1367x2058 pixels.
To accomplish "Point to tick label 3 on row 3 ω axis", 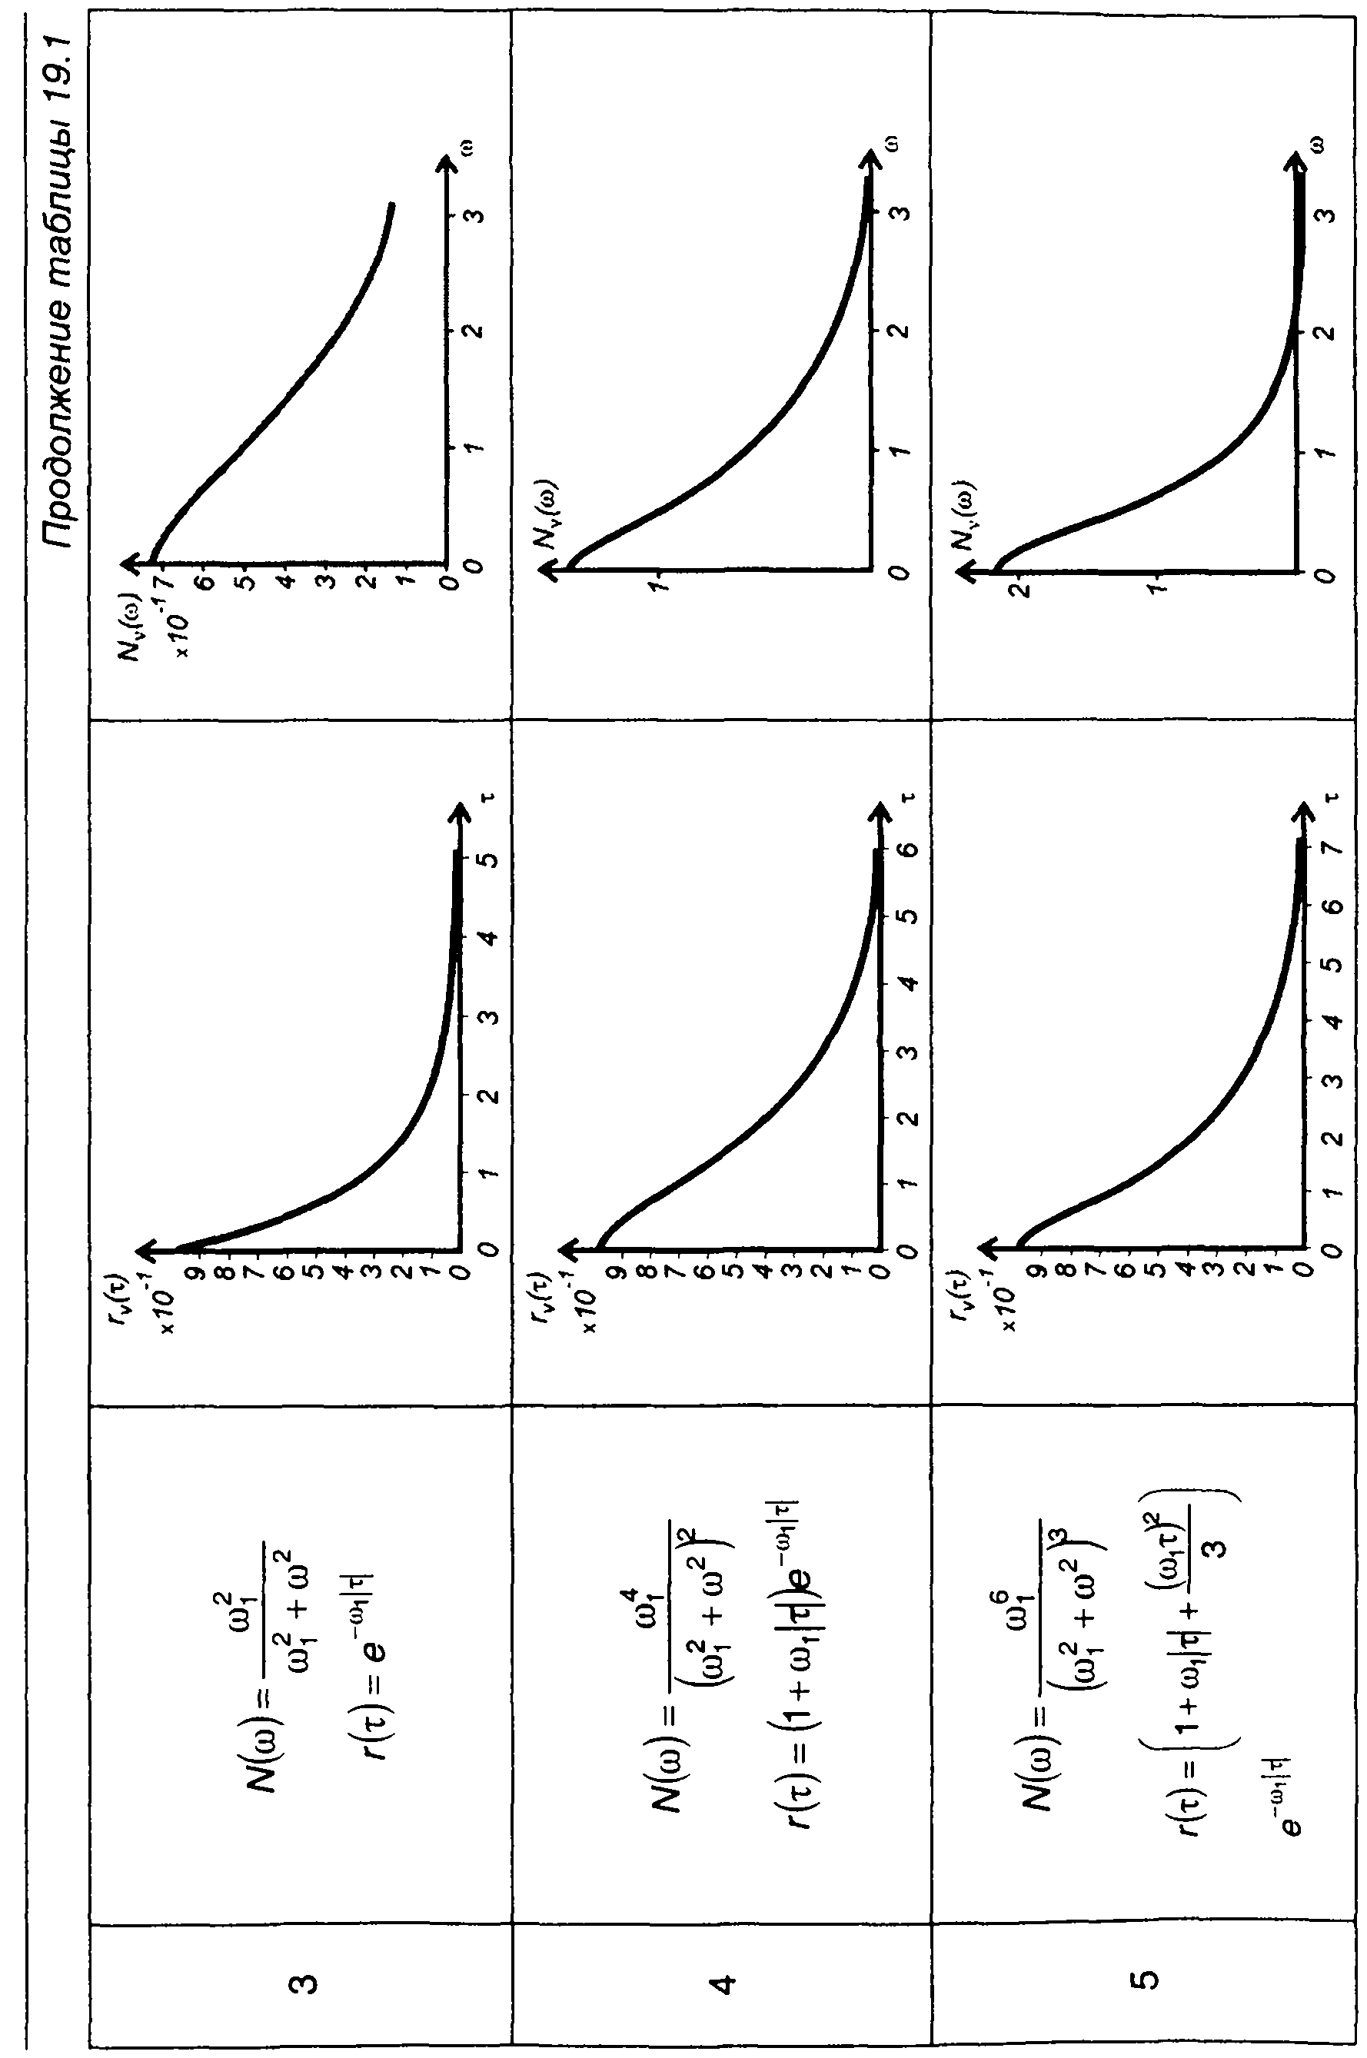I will click(x=475, y=214).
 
